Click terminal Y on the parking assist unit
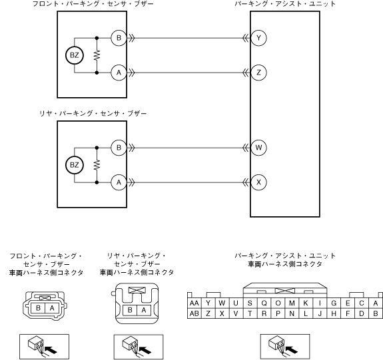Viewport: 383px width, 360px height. [x=258, y=38]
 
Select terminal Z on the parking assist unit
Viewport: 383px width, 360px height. [x=258, y=73]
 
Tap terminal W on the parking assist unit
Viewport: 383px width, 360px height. [x=258, y=148]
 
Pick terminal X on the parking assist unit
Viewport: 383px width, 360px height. [x=258, y=182]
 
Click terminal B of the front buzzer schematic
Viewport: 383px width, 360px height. [x=119, y=38]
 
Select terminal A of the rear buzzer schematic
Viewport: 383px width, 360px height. [x=119, y=182]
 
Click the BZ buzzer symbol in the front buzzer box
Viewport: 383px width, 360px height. [x=75, y=55]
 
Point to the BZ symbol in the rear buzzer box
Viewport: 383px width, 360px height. [x=75, y=165]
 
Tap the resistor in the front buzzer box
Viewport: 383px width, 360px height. [x=97, y=55]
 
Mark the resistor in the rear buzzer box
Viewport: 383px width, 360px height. [x=97, y=165]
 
